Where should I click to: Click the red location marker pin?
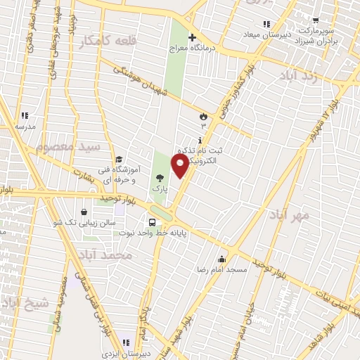180,166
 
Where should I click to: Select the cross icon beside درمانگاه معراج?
192,37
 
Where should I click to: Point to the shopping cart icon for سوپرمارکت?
316,20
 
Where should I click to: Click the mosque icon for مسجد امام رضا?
222,258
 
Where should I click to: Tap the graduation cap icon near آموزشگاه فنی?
119,160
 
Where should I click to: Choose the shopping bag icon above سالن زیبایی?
84,211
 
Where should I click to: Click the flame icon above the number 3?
204,115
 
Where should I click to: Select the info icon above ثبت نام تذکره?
201,141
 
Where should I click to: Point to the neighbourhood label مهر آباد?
286,217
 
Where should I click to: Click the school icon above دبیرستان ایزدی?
127,342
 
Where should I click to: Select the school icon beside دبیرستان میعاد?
266,24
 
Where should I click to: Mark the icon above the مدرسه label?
25,115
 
